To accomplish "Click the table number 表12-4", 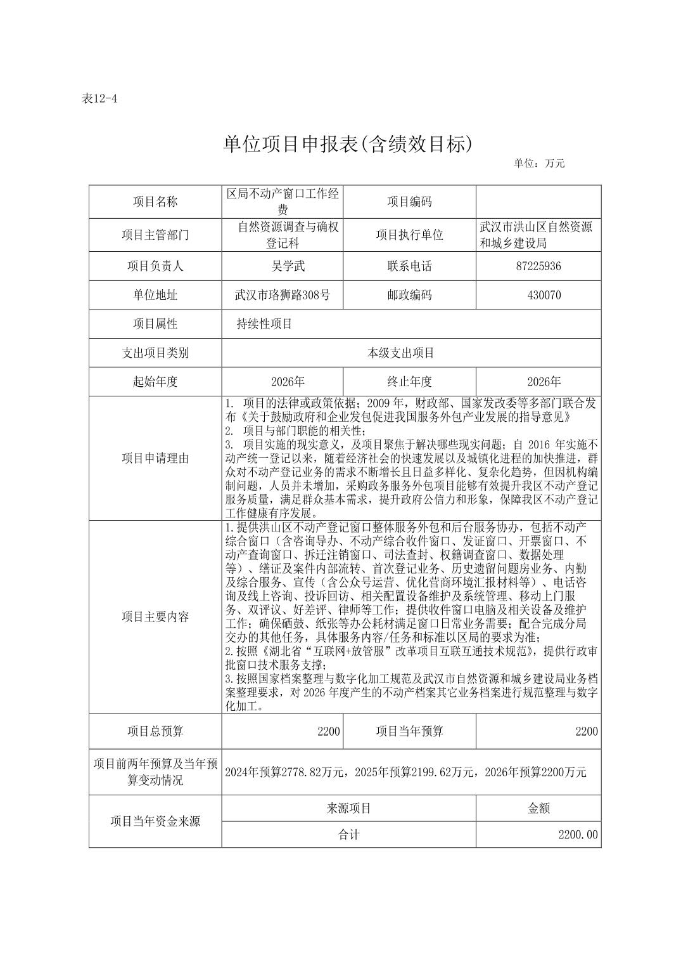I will click(100, 98).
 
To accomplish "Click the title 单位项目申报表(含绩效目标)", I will click(348, 145).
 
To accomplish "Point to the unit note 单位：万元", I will click(538, 163).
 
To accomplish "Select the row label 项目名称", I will click(155, 202).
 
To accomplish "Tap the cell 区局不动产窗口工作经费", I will click(283, 202).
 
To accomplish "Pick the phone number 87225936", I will click(538, 266).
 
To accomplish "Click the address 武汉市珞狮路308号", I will click(282, 295).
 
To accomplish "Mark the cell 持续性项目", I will click(264, 324).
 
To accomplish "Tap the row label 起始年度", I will click(155, 382).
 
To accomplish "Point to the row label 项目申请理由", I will click(155, 458).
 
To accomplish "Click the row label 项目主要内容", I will click(155, 616).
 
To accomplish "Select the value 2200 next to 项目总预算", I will click(329, 731).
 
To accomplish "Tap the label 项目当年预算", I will click(409, 731).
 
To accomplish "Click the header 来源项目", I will click(348, 808).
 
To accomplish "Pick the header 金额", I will click(538, 808).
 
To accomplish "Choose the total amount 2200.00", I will click(578, 835).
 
